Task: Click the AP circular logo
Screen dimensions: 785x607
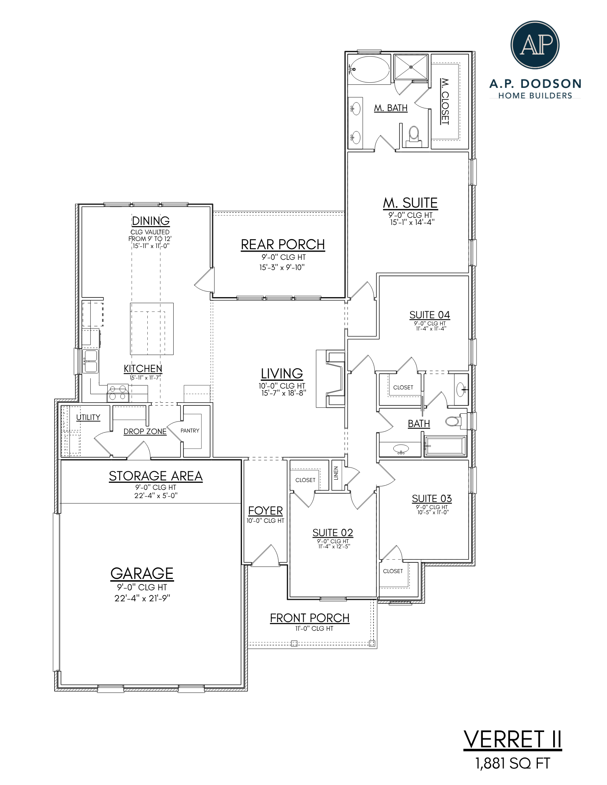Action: pyautogui.click(x=535, y=45)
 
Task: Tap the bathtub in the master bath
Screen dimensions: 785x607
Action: pyautogui.click(x=369, y=69)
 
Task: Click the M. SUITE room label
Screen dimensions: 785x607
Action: pyautogui.click(x=410, y=203)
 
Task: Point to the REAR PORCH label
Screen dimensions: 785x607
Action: pyautogui.click(x=282, y=245)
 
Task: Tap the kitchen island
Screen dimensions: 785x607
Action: pyautogui.click(x=152, y=329)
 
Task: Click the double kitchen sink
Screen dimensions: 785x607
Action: pyautogui.click(x=90, y=361)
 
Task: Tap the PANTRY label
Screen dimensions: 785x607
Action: pyautogui.click(x=190, y=431)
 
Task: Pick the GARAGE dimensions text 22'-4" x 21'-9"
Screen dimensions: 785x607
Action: pyautogui.click(x=142, y=598)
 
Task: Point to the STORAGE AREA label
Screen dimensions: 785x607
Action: pyautogui.click(x=156, y=476)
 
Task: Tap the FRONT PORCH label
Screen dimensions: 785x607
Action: pyautogui.click(x=310, y=618)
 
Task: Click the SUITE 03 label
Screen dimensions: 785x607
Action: pyautogui.click(x=431, y=498)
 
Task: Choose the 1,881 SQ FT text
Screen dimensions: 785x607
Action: pyautogui.click(x=512, y=763)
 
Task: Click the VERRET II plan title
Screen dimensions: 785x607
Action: pyautogui.click(x=512, y=740)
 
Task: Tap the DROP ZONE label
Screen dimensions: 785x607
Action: pyautogui.click(x=145, y=431)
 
